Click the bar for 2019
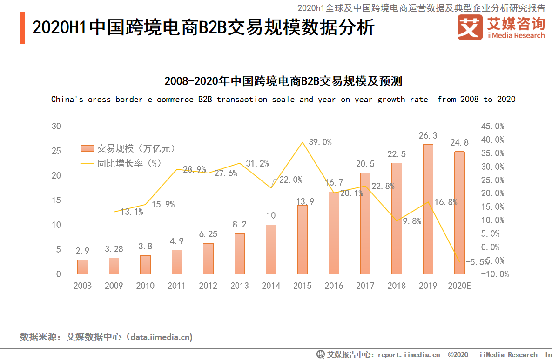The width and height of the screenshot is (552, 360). pos(428,209)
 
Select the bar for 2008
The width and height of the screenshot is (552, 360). pos(82,267)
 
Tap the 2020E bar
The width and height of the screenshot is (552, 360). pos(459,213)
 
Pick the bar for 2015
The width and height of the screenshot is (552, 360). pos(303,240)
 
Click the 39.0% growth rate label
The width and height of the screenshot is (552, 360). pos(320,142)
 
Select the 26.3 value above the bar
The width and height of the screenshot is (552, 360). pos(428,136)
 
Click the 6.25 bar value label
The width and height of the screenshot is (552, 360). pos(208,234)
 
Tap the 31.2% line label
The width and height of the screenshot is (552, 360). pos(257,164)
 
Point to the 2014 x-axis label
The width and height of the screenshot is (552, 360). pos(271,286)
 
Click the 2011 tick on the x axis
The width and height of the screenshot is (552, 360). pos(176,286)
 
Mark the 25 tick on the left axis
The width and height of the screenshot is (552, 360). pos(56,151)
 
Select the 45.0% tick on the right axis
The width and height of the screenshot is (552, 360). pos(493,127)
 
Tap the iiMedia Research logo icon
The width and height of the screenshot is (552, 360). pos(470,27)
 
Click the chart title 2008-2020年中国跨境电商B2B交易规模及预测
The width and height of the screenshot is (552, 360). pos(283,81)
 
